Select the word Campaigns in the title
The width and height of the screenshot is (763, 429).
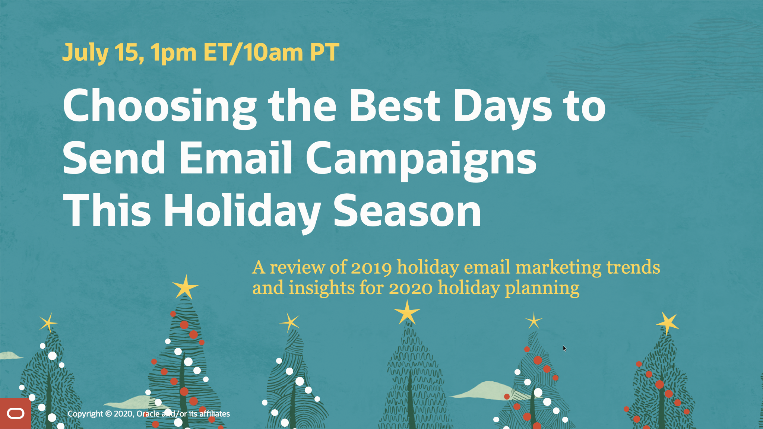(x=421, y=161)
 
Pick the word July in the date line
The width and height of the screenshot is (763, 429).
(x=85, y=53)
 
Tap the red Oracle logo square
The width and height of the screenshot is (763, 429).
(x=15, y=413)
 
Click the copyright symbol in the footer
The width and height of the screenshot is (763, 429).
(x=108, y=414)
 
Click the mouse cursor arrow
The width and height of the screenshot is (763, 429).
(x=564, y=348)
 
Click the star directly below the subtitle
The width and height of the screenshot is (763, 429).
(x=407, y=312)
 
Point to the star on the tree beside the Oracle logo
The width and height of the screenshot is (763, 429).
(x=48, y=322)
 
